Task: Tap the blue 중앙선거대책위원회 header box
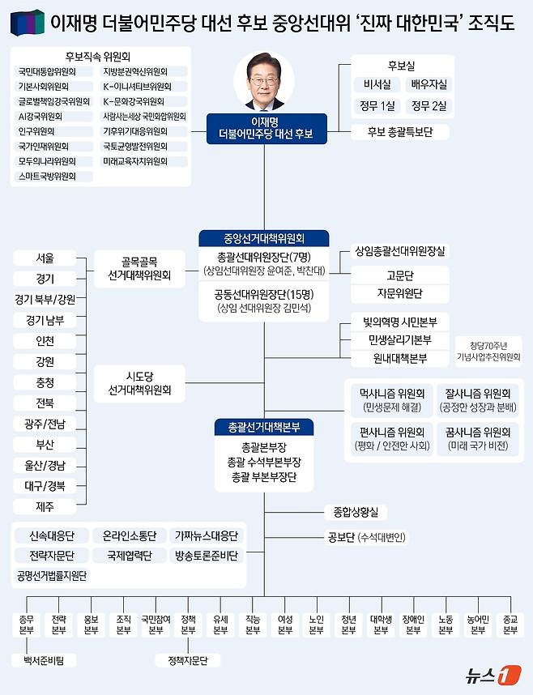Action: tap(264, 238)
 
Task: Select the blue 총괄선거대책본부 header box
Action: tap(264, 426)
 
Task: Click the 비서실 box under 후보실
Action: tap(377, 83)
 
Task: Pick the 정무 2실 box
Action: tap(428, 105)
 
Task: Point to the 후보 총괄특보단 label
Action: tap(401, 131)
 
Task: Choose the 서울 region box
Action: tap(45, 259)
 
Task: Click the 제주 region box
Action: tap(45, 507)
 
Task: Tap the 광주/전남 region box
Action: tap(45, 424)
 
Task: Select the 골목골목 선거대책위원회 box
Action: tap(139, 269)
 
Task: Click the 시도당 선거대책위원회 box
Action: tap(139, 384)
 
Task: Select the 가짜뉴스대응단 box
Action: tap(207, 536)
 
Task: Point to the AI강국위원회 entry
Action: tap(42, 116)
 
